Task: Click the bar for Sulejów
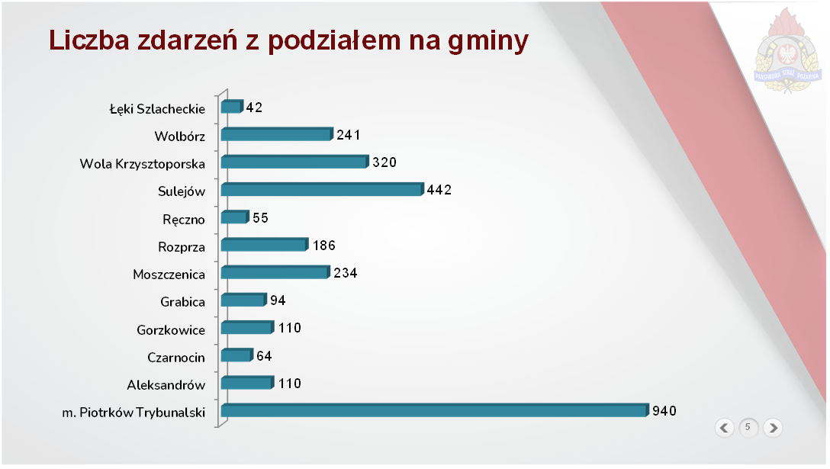click(x=321, y=190)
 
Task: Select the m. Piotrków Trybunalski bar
click(x=434, y=411)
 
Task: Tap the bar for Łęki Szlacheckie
click(x=231, y=107)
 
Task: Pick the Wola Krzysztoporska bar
click(x=294, y=162)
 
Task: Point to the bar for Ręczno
click(x=235, y=217)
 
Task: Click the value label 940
click(x=664, y=411)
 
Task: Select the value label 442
click(x=439, y=190)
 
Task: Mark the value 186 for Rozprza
click(x=323, y=246)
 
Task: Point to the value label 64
click(x=264, y=356)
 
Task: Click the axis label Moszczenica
click(x=169, y=274)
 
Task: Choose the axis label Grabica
click(x=182, y=302)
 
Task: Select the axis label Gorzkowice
click(x=171, y=330)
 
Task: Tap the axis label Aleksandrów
click(x=166, y=385)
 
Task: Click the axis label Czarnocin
click(x=176, y=357)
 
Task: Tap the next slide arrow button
click(x=772, y=428)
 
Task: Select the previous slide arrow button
click(x=725, y=428)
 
